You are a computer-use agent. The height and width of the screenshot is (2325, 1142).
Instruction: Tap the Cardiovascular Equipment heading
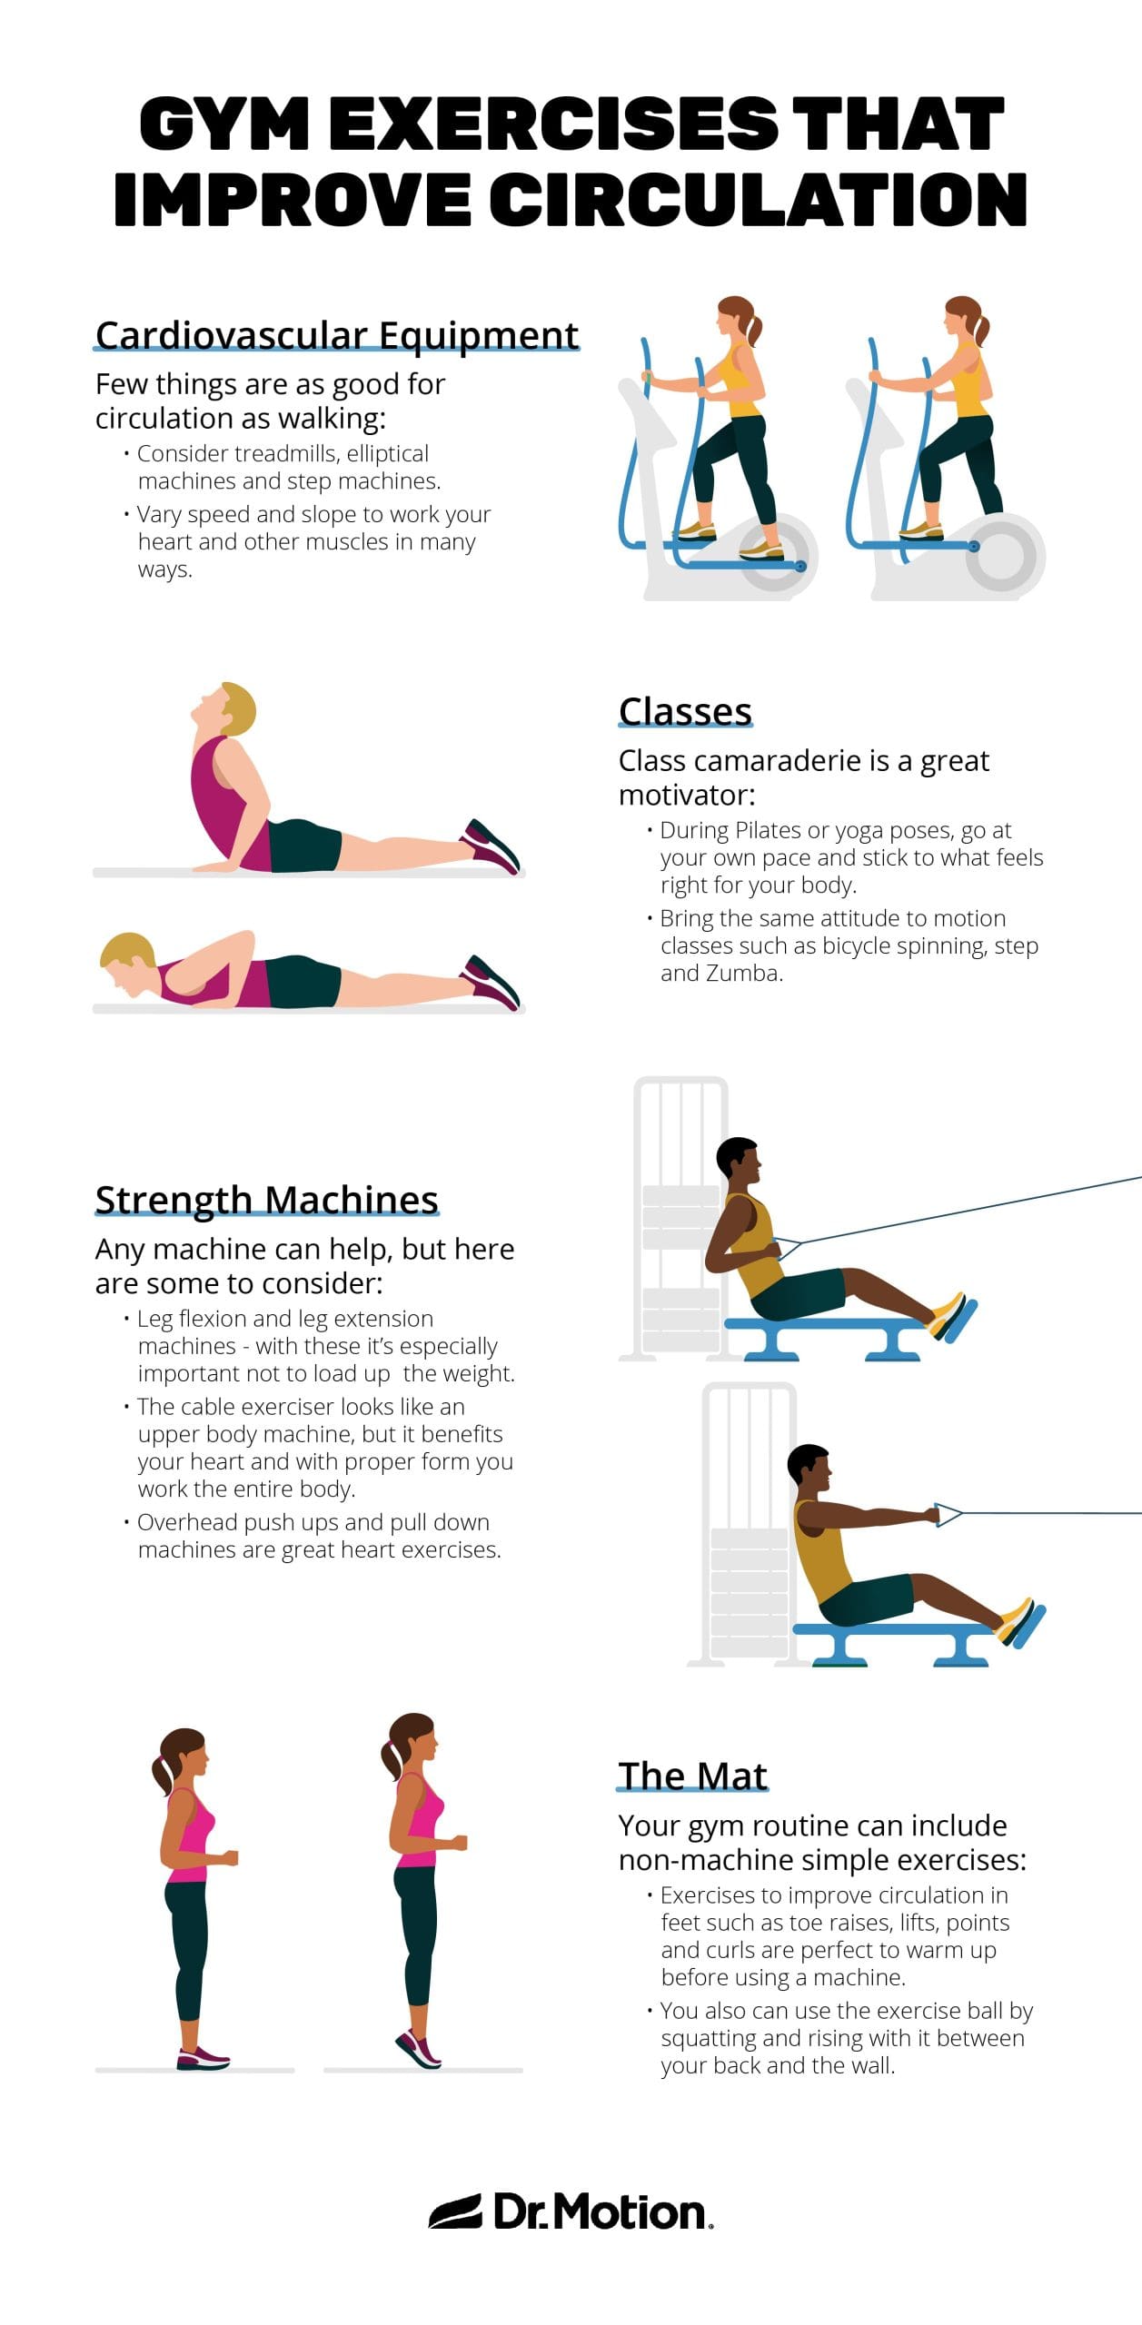336,335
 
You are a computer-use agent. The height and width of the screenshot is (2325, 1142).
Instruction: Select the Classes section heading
685,711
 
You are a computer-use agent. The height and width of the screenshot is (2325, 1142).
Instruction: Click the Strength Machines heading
266,1200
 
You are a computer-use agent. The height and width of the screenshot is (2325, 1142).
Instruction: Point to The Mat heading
692,1776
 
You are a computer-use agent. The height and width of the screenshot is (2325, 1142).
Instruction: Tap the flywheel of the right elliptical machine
1004,556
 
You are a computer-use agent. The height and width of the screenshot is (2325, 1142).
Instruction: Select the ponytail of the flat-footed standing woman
164,1770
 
